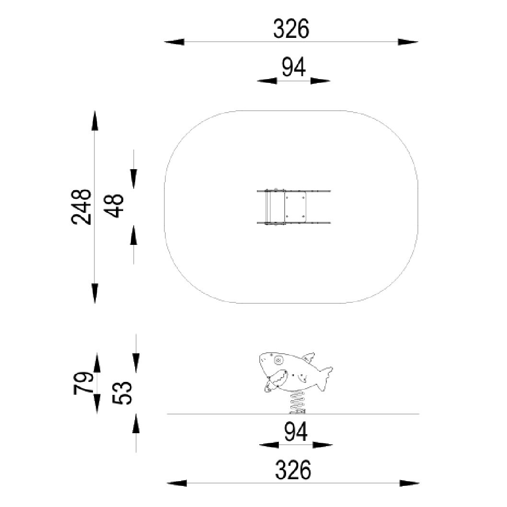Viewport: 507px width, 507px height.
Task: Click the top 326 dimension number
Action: click(291, 29)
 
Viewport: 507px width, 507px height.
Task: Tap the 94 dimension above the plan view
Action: click(293, 67)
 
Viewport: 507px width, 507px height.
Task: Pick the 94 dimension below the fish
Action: click(296, 432)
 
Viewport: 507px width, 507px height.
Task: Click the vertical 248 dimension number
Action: click(81, 207)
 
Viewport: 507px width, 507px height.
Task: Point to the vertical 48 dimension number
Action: click(114, 206)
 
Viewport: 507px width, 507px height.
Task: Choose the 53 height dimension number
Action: click(122, 393)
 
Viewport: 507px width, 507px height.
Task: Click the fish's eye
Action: click(278, 360)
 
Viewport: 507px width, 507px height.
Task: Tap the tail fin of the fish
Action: click(324, 378)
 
